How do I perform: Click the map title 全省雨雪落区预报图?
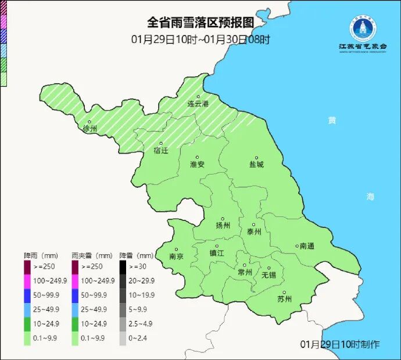pos(201,23)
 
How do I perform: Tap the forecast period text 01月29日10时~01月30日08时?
pos(201,40)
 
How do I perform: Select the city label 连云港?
pos(197,104)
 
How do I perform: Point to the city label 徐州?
pos(90,129)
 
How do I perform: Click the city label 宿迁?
pos(161,151)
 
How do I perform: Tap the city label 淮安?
pos(197,164)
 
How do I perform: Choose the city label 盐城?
pos(256,164)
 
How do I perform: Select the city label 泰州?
pos(254,230)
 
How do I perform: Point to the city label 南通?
pos(306,246)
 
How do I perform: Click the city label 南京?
pos(176,256)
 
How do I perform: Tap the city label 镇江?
pos(216,253)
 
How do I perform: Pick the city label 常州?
pos(245,272)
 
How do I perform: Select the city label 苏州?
pos(284,299)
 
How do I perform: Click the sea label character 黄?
pos(332,120)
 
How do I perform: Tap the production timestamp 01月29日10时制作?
pos(340,344)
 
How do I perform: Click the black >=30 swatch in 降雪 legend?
pos(123,266)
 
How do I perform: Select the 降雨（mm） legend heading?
pos(41,255)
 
